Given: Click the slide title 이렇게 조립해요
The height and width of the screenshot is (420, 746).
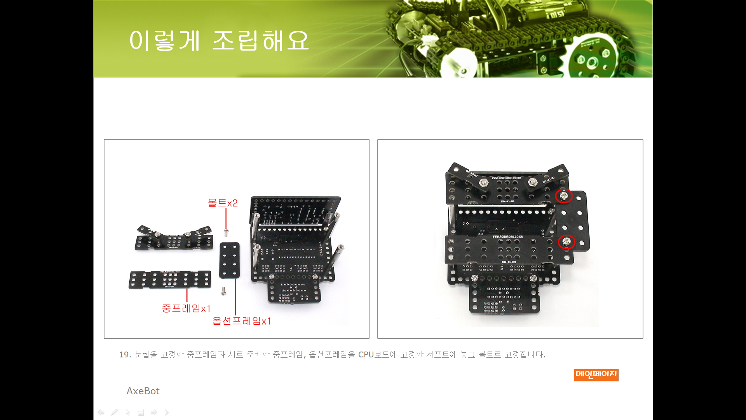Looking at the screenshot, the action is pos(219,40).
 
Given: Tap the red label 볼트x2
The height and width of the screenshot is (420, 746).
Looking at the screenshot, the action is pos(223,203).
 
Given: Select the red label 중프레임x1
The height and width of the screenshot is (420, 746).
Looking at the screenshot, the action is pos(186,308).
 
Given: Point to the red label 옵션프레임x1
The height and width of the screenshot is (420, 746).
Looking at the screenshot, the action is pos(242,321).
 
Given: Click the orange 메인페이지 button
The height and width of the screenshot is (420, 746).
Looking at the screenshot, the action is pos(596,374).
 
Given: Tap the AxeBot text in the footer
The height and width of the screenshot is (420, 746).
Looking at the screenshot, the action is pos(143,391).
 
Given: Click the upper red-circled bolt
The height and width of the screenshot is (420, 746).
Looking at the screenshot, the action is pos(564,196).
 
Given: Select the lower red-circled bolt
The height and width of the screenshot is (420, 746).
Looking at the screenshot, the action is pos(566,242).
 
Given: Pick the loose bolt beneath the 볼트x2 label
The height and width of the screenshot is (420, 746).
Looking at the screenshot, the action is pos(226,233).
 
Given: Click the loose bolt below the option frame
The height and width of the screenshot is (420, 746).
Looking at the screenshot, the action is pos(223,291).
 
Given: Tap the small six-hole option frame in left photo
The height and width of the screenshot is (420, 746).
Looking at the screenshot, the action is pos(230,261).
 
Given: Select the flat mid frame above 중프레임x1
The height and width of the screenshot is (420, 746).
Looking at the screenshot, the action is pos(170,280).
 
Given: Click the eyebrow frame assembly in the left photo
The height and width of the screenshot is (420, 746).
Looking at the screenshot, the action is pos(174,238).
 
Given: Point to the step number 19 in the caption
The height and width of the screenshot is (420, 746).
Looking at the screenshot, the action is pos(125,355).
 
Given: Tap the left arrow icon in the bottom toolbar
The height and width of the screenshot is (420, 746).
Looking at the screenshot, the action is pos(101,412).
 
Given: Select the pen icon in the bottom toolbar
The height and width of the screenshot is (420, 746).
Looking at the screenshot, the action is pos(114,412).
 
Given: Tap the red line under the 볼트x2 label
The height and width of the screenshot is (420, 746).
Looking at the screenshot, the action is pos(226,219).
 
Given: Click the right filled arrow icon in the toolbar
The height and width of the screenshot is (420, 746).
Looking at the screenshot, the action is pos(154,412).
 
